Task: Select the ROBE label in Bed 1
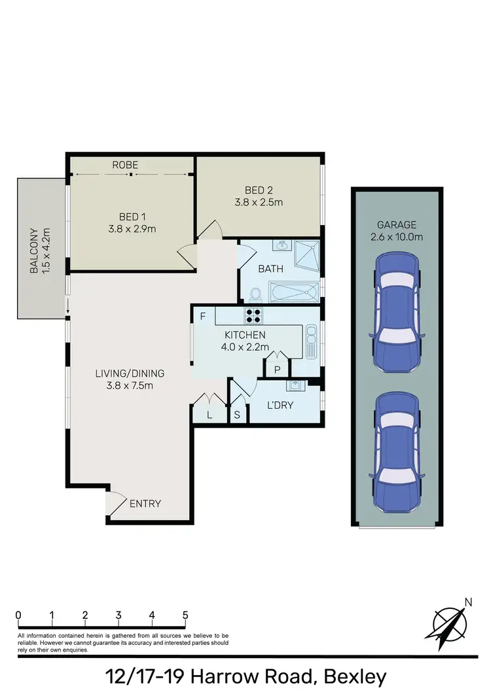coord(125,165)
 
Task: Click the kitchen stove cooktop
coord(253,316)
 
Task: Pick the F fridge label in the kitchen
coord(204,317)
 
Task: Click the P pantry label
coord(277,370)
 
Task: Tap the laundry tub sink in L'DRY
coord(296,385)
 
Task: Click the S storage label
coord(237,415)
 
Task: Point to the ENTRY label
coord(145,504)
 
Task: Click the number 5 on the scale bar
coord(185,615)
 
